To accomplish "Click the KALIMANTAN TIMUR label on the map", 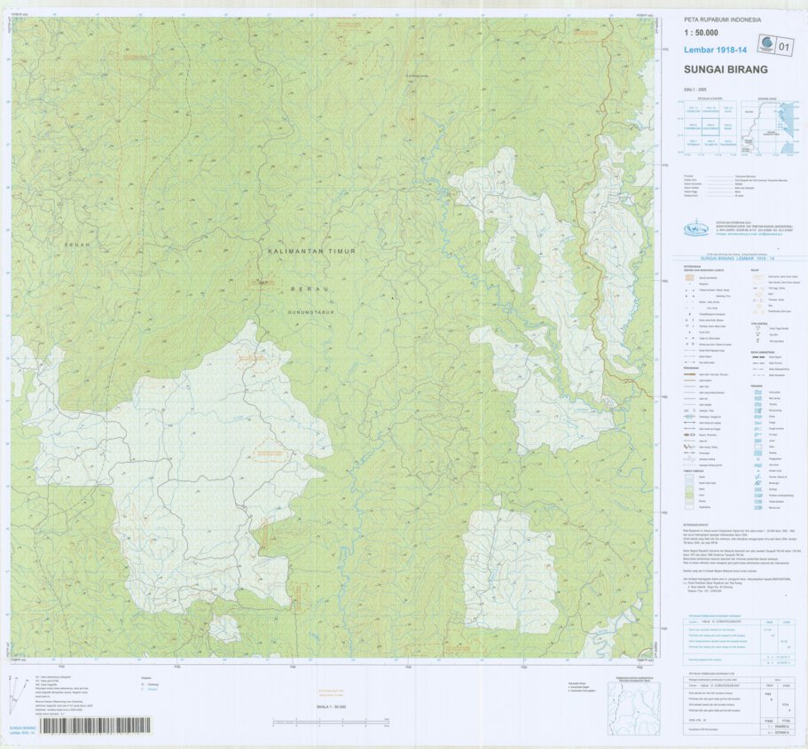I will pos(311,252).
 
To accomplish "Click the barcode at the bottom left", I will pos(96,725).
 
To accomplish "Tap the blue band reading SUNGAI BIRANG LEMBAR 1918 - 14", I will pos(730,256).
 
